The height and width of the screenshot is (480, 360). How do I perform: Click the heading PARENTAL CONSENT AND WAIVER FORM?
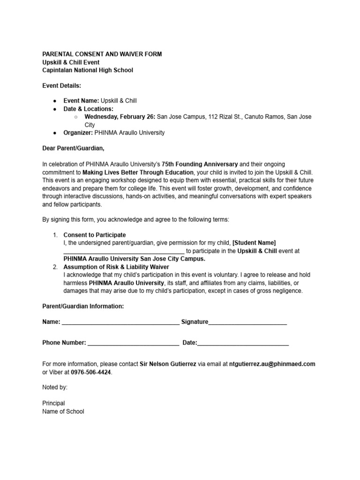click(x=102, y=54)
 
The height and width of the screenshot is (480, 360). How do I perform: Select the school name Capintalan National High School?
click(x=88, y=70)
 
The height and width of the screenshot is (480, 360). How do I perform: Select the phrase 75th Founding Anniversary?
click(x=200, y=165)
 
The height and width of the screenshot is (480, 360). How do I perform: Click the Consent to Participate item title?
click(x=95, y=235)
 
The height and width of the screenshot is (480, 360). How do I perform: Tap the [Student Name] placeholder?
click(x=254, y=243)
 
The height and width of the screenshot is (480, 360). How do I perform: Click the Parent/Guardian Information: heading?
click(x=83, y=306)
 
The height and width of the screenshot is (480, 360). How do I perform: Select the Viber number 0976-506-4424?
click(x=91, y=372)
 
